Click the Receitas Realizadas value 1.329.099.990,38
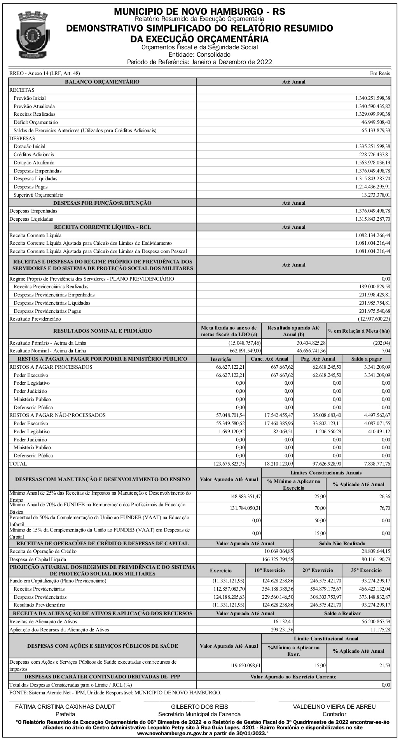pyautogui.click(x=372, y=114)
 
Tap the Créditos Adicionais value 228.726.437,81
pyautogui.click(x=372, y=154)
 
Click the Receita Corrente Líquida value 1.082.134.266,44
pyautogui.click(x=372, y=235)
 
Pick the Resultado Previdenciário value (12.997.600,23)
pyautogui.click(x=374, y=319)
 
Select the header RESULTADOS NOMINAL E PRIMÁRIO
pyautogui.click(x=103, y=331)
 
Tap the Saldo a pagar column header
pyautogui.click(x=366, y=359)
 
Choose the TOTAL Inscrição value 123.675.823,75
pyautogui.click(x=228, y=464)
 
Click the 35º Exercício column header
pyautogui.click(x=366, y=570)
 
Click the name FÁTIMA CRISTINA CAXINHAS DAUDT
pyautogui.click(x=65, y=706)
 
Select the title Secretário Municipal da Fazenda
pyautogui.click(x=199, y=714)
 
